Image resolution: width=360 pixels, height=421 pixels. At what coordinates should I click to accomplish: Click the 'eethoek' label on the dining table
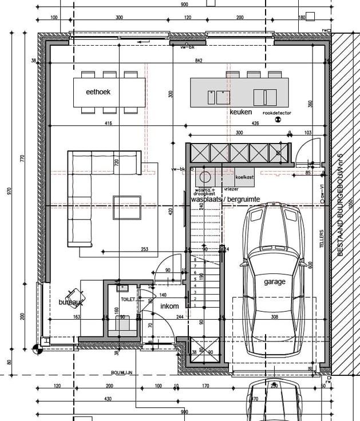98,92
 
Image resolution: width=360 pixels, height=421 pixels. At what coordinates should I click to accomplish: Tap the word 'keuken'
240,112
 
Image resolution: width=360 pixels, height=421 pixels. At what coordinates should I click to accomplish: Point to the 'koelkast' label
244,177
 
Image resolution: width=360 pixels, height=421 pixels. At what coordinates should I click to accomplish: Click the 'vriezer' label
231,189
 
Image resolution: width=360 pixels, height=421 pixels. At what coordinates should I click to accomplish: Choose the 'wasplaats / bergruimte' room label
226,199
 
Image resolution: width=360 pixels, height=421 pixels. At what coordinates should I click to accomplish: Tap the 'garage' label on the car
274,281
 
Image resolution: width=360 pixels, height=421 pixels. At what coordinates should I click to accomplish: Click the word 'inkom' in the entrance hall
169,307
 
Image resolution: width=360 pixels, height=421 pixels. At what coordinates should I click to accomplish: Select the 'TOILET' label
127,299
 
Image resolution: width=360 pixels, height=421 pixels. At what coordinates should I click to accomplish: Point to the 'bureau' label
70,301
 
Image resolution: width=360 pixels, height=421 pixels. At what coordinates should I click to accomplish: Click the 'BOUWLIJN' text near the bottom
122,372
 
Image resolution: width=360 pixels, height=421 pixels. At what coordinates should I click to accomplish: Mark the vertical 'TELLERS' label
322,240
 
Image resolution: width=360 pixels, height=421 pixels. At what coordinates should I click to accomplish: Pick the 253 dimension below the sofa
144,249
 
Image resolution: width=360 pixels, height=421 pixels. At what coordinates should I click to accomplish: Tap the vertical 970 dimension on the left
9,191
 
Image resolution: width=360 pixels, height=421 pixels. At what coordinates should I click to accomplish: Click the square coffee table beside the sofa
126,206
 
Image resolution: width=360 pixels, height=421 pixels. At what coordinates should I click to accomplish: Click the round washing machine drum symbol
205,176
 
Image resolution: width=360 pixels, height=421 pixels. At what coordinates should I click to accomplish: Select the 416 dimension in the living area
108,124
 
